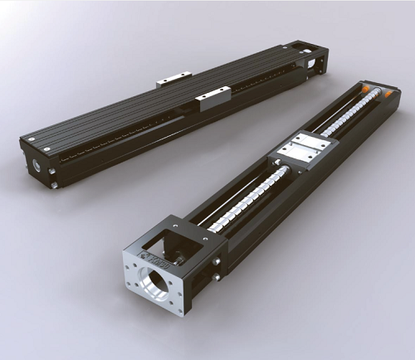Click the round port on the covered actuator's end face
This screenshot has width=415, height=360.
tap(37, 165)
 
